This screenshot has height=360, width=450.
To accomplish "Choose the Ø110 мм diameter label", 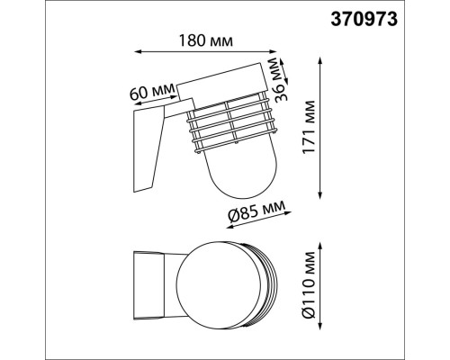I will pyautogui.click(x=310, y=283).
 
